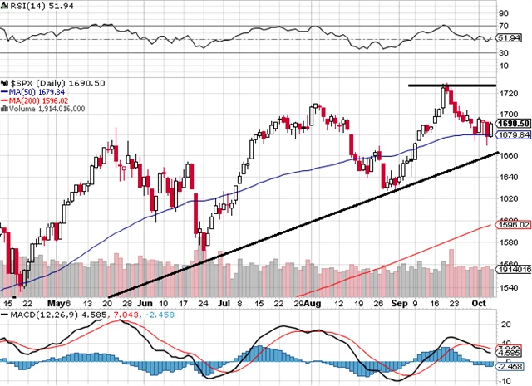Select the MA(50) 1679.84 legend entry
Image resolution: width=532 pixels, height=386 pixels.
click(37, 90)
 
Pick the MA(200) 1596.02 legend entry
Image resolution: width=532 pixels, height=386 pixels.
click(38, 99)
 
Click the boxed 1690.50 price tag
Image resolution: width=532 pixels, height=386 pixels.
click(512, 123)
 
